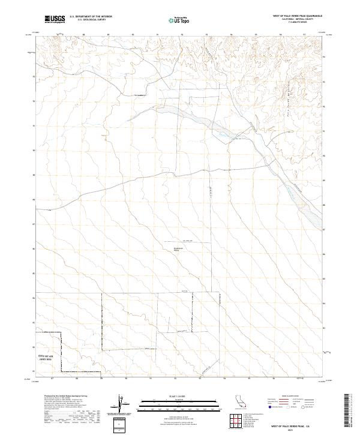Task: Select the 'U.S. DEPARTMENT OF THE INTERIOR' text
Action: pyautogui.click(x=91, y=17)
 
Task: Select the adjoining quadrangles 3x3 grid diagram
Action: pyautogui.click(x=234, y=422)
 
